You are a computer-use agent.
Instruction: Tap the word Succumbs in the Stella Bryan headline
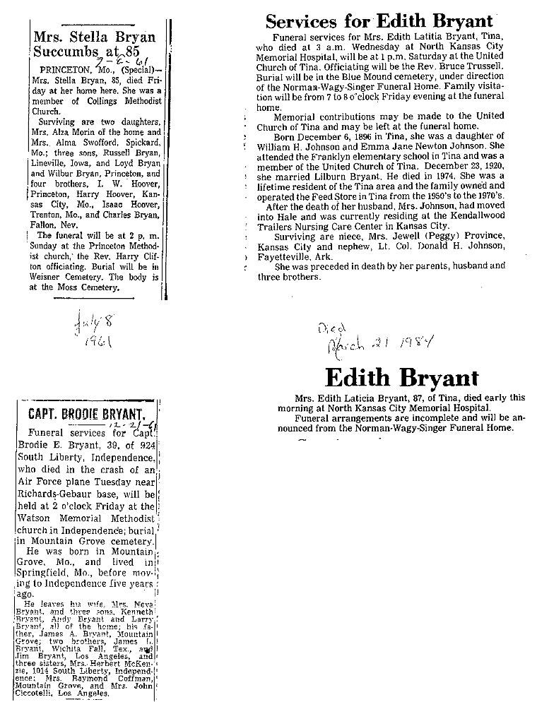coord(63,52)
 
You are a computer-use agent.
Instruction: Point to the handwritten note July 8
coord(91,326)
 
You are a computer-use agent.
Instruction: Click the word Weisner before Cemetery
coord(59,277)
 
